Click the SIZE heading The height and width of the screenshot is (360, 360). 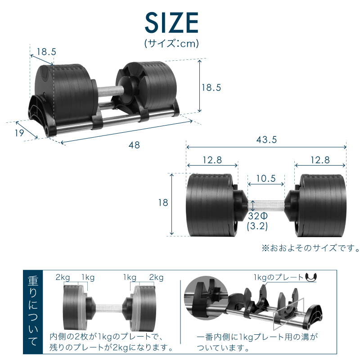click(171, 22)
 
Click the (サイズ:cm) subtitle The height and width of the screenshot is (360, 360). click(171, 44)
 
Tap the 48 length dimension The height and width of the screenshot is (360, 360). click(134, 145)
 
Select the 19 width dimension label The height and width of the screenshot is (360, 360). click(18, 133)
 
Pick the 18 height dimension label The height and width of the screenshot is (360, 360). click(163, 203)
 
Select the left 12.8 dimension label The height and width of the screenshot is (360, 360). click(212, 160)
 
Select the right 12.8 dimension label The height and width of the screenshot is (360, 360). click(320, 160)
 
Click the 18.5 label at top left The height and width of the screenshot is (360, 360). click(46, 52)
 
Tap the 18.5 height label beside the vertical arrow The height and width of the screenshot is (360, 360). click(211, 88)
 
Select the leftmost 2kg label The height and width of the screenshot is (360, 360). click(63, 277)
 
